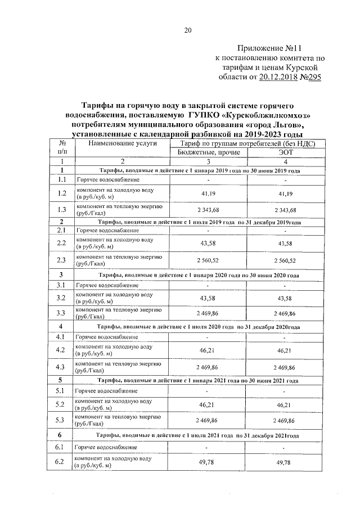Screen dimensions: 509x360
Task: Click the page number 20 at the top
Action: (188, 30)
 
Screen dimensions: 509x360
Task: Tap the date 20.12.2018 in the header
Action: (282, 78)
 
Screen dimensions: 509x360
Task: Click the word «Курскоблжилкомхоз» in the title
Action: (270, 115)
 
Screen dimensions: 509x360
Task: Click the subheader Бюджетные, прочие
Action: (208, 152)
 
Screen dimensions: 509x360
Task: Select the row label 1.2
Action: (62, 193)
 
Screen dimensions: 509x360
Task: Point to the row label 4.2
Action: (62, 350)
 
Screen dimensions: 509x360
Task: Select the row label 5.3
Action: (62, 420)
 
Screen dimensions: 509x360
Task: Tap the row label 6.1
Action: (62, 447)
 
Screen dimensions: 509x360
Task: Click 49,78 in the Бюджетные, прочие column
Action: (208, 462)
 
